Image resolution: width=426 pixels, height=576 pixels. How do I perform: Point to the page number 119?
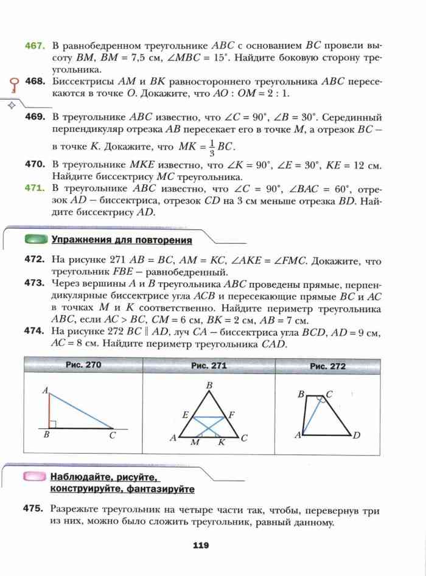pos(201,545)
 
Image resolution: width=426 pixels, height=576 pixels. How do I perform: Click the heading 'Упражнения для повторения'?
pos(121,240)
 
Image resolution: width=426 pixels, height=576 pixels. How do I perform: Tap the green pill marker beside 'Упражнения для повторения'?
pos(36,240)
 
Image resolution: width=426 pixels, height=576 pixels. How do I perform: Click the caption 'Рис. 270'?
pos(83,365)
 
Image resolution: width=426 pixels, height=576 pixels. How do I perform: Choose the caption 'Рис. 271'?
pos(209,366)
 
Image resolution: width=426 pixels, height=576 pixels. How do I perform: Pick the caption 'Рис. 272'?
pos(327,366)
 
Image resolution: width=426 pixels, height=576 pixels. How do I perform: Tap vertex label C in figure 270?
pos(112,435)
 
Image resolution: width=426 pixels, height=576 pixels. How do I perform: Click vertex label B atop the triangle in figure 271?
pos(209,385)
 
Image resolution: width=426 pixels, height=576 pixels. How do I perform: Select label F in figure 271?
pos(231,415)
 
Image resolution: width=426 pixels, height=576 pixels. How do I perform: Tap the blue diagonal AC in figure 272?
pos(312,415)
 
